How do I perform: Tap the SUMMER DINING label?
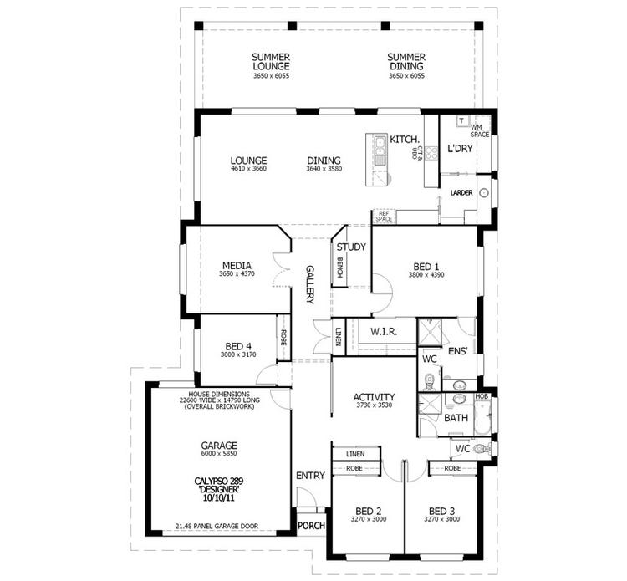click(x=406, y=62)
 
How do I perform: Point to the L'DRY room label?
click(x=460, y=149)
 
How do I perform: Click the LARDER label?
click(x=461, y=193)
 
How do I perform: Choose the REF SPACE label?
click(x=385, y=216)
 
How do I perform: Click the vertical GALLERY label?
click(x=309, y=284)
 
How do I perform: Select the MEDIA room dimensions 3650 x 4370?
click(x=236, y=273)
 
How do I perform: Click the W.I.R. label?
click(x=383, y=332)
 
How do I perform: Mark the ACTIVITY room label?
click(x=374, y=397)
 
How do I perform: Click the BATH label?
click(x=456, y=417)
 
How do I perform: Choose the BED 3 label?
click(x=442, y=511)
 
